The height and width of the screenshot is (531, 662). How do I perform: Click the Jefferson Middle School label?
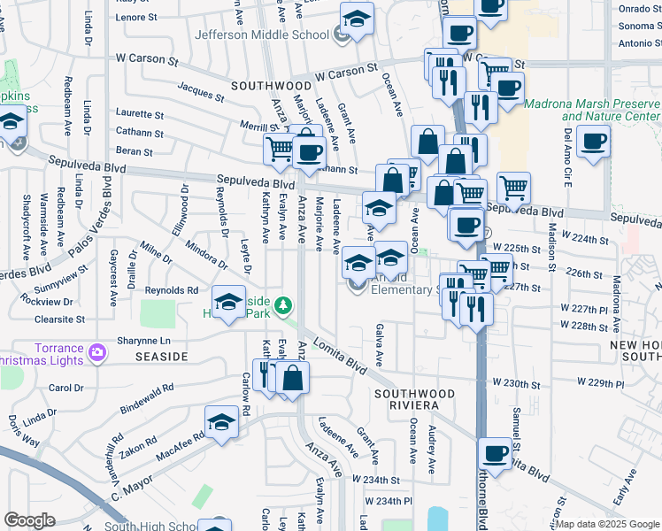pos(262,35)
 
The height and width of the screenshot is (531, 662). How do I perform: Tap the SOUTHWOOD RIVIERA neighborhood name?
pos(406,398)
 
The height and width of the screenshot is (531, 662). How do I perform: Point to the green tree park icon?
pos(283,306)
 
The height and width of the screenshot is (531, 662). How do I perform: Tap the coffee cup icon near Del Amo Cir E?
pos(592,141)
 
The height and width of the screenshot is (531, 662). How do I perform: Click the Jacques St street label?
pos(200,91)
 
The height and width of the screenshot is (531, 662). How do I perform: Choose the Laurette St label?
pos(139,115)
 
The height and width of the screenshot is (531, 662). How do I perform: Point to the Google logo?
pos(29,520)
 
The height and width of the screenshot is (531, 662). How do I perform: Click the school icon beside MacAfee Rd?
pos(221,424)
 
